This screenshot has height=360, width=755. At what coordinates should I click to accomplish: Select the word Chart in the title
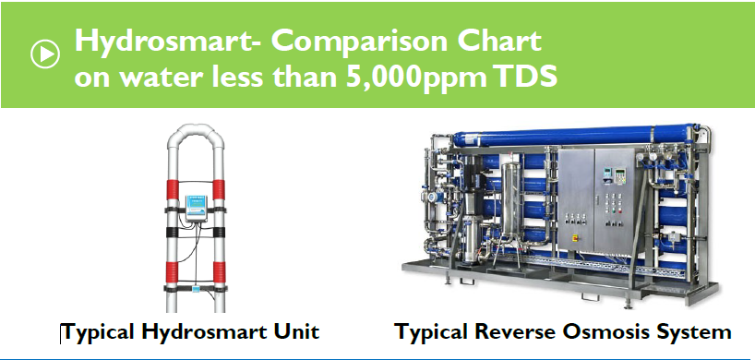coord(502,42)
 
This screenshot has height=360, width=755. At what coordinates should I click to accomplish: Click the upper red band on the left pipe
coord(174,192)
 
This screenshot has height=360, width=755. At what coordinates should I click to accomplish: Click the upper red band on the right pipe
coord(220,192)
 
